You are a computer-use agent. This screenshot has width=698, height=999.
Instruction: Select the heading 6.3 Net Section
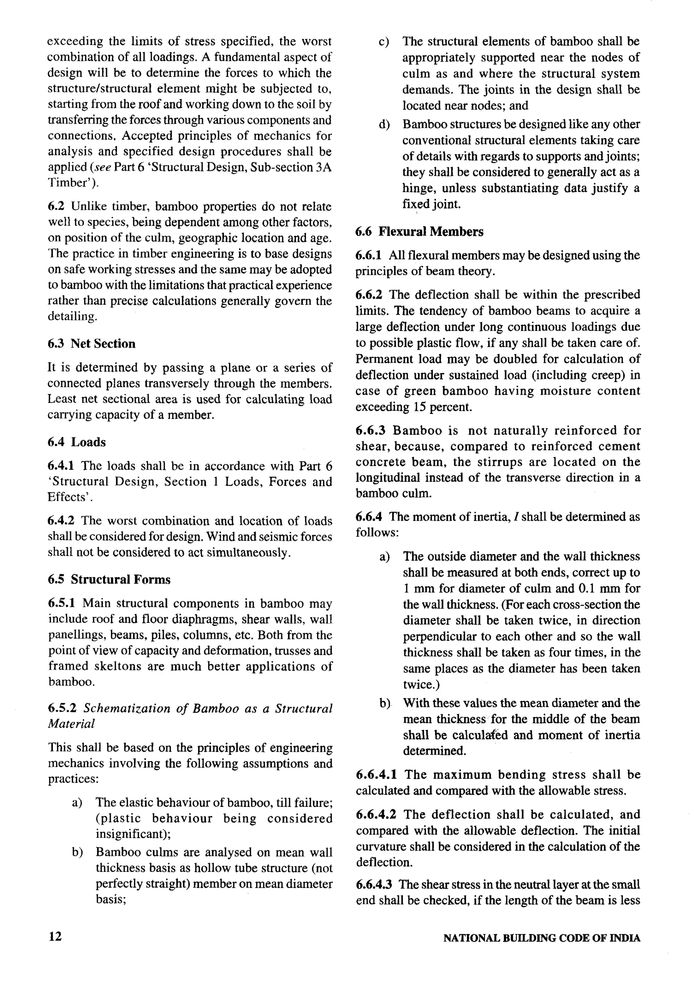pos(91,344)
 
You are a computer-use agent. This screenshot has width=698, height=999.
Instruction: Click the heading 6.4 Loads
pos(77,442)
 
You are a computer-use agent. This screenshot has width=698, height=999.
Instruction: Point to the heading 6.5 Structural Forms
pos(109,579)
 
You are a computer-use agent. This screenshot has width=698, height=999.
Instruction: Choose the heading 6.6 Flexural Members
pos(419,231)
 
